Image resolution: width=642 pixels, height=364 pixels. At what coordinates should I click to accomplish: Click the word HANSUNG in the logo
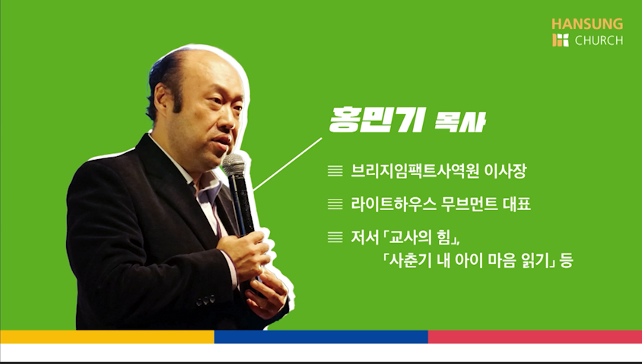point(587,24)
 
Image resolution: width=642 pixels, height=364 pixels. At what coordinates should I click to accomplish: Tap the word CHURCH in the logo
point(599,40)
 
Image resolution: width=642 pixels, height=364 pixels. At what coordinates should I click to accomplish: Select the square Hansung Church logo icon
point(561,40)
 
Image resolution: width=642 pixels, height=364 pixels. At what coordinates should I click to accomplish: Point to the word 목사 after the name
point(459,122)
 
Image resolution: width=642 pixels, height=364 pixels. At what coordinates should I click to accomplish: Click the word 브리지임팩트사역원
point(415,171)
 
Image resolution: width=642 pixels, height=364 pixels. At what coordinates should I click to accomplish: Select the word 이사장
point(505,171)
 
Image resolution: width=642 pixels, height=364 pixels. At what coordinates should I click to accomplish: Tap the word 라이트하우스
point(393,204)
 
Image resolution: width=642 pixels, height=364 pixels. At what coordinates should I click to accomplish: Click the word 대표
point(516,204)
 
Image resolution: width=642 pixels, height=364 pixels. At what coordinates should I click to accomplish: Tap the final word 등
point(566,260)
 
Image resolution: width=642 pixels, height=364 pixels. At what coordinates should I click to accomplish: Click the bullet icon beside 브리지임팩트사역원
point(335,171)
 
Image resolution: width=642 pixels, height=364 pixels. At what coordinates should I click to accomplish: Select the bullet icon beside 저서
point(335,238)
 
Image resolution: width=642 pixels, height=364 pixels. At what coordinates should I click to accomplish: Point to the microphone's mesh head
point(234,164)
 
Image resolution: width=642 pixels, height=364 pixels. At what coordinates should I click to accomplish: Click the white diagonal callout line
point(288,164)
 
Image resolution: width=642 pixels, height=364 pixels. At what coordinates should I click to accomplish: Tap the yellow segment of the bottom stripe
point(107,337)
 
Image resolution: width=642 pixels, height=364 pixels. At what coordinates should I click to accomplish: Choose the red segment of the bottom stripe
point(535,337)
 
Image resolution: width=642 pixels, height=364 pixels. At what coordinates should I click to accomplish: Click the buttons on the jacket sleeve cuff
point(205,302)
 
